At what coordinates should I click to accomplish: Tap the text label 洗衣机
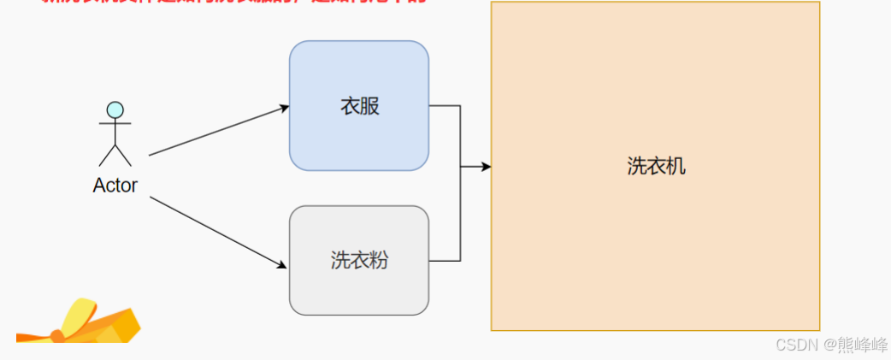(x=656, y=166)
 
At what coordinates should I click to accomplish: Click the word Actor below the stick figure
(x=115, y=186)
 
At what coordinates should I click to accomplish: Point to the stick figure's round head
(x=115, y=109)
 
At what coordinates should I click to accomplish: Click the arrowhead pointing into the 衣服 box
(x=284, y=107)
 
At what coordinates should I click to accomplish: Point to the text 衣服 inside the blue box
(x=358, y=107)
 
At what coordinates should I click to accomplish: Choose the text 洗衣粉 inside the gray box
(x=358, y=260)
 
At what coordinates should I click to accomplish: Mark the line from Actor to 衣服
(x=218, y=131)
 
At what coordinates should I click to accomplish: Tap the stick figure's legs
(x=115, y=155)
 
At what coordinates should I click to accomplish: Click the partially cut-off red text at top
(x=231, y=3)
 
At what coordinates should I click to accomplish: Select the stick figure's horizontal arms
(x=115, y=125)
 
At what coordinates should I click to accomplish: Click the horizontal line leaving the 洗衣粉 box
(x=445, y=260)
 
